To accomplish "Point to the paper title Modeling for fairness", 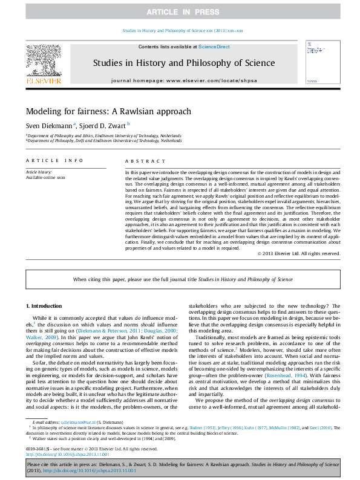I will click(108, 111).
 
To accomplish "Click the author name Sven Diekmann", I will click(48, 125).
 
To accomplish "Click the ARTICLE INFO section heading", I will click(54, 161).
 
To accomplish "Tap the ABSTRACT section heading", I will click(145, 161).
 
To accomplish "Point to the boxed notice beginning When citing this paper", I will click(183, 279).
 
